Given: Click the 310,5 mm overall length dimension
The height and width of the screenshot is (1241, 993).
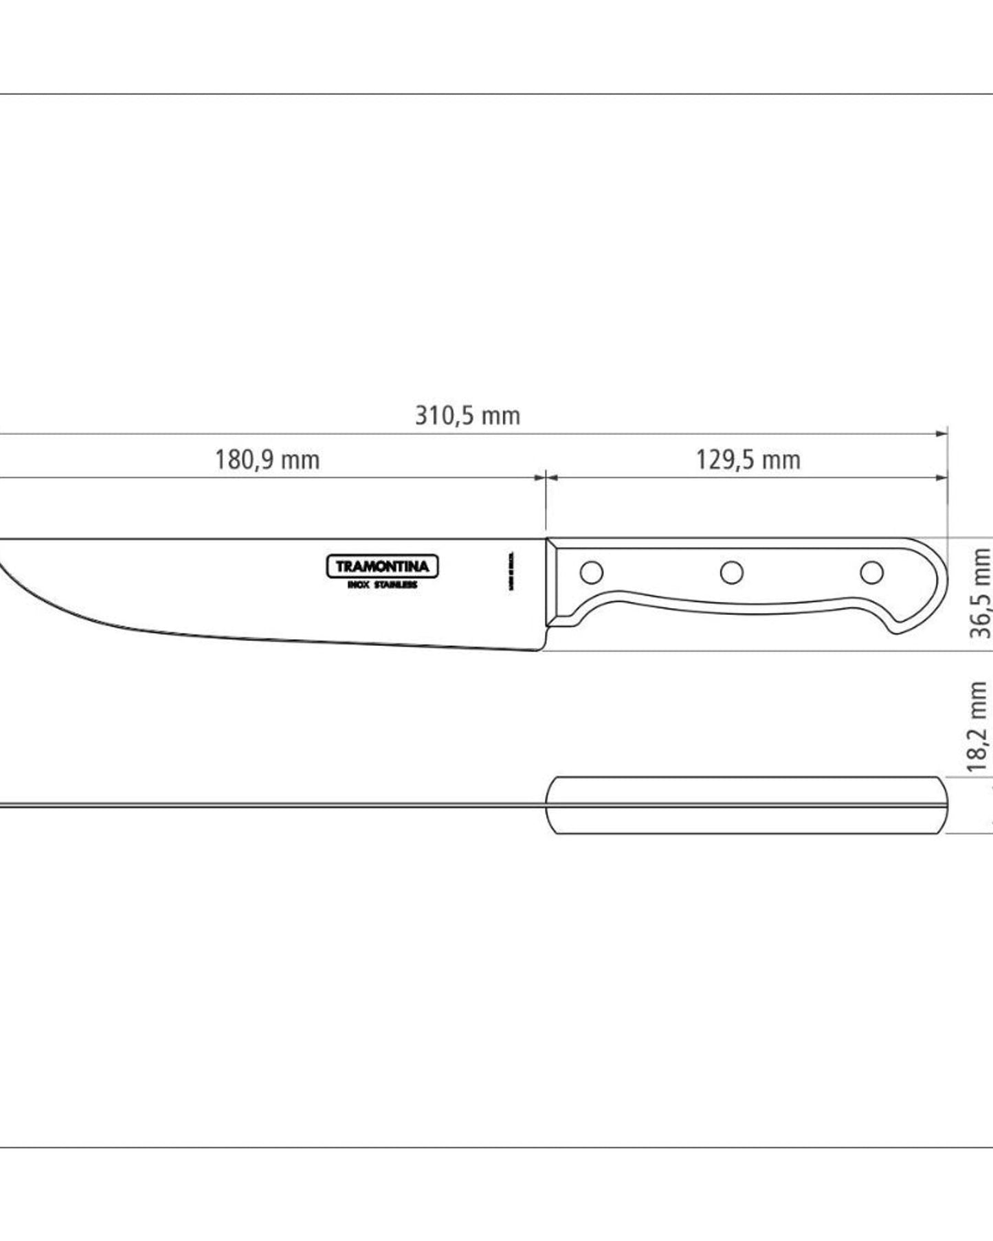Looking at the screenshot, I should point(467,416).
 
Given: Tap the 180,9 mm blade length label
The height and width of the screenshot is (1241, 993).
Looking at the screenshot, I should point(267,460).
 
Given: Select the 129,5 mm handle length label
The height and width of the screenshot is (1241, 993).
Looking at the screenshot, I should point(748,460).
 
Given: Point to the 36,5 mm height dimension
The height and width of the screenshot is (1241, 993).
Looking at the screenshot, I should point(981,593).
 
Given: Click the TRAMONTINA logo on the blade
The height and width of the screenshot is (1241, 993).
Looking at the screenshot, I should point(382,566).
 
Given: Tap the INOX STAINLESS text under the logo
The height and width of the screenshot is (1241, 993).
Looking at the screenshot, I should point(382,585).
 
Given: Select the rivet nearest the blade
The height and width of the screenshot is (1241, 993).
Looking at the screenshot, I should point(592,572).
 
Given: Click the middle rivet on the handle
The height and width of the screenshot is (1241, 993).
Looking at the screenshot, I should point(731,571).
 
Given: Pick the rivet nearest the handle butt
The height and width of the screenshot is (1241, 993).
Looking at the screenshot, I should point(872,571).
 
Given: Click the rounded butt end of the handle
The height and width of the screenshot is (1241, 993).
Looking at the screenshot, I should point(938,584).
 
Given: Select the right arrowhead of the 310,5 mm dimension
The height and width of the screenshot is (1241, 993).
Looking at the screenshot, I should point(942,434).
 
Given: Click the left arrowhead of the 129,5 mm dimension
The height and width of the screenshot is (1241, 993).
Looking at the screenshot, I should point(552,477).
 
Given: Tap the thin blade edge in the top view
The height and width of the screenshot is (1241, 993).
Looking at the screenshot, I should point(275,805).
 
